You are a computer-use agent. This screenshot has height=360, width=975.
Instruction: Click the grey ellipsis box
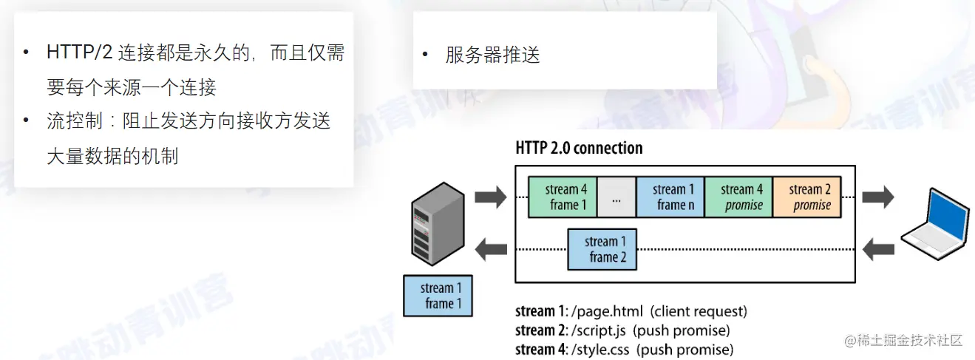click(616, 197)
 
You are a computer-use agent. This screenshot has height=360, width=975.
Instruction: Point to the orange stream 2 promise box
click(808, 197)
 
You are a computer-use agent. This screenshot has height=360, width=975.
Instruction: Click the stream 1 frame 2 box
click(603, 249)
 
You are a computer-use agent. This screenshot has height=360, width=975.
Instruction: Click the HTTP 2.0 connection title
click(579, 148)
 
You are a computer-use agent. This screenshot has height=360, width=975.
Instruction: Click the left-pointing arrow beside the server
click(491, 250)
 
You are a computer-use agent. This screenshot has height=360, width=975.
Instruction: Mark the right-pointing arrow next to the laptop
click(878, 197)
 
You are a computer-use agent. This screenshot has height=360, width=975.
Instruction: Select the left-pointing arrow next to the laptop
click(878, 250)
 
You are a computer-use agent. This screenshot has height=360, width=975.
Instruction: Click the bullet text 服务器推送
click(493, 55)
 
